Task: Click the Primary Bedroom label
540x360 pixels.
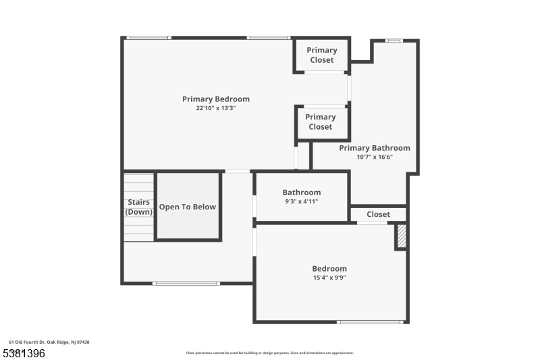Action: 216,99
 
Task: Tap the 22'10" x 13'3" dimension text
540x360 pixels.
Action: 216,108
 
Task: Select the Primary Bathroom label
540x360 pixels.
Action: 375,148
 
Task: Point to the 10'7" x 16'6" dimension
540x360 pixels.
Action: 375,157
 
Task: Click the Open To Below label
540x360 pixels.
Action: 188,207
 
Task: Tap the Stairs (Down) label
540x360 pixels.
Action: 139,207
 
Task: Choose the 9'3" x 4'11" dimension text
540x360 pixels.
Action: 301,201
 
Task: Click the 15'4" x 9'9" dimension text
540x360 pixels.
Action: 329,278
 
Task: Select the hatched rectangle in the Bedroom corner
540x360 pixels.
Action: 402,236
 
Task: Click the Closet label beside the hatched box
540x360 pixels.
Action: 378,214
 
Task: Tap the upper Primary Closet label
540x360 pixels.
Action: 322,55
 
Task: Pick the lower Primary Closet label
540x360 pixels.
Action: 320,122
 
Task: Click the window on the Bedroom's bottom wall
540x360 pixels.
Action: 370,322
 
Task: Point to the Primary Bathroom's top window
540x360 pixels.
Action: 394,41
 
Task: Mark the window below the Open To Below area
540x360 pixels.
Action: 186,284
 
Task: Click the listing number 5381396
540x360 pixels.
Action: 24,353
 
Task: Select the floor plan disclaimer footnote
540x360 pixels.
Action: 269,353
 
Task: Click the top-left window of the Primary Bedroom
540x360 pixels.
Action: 148,38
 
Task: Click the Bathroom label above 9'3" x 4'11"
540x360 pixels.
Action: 301,192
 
